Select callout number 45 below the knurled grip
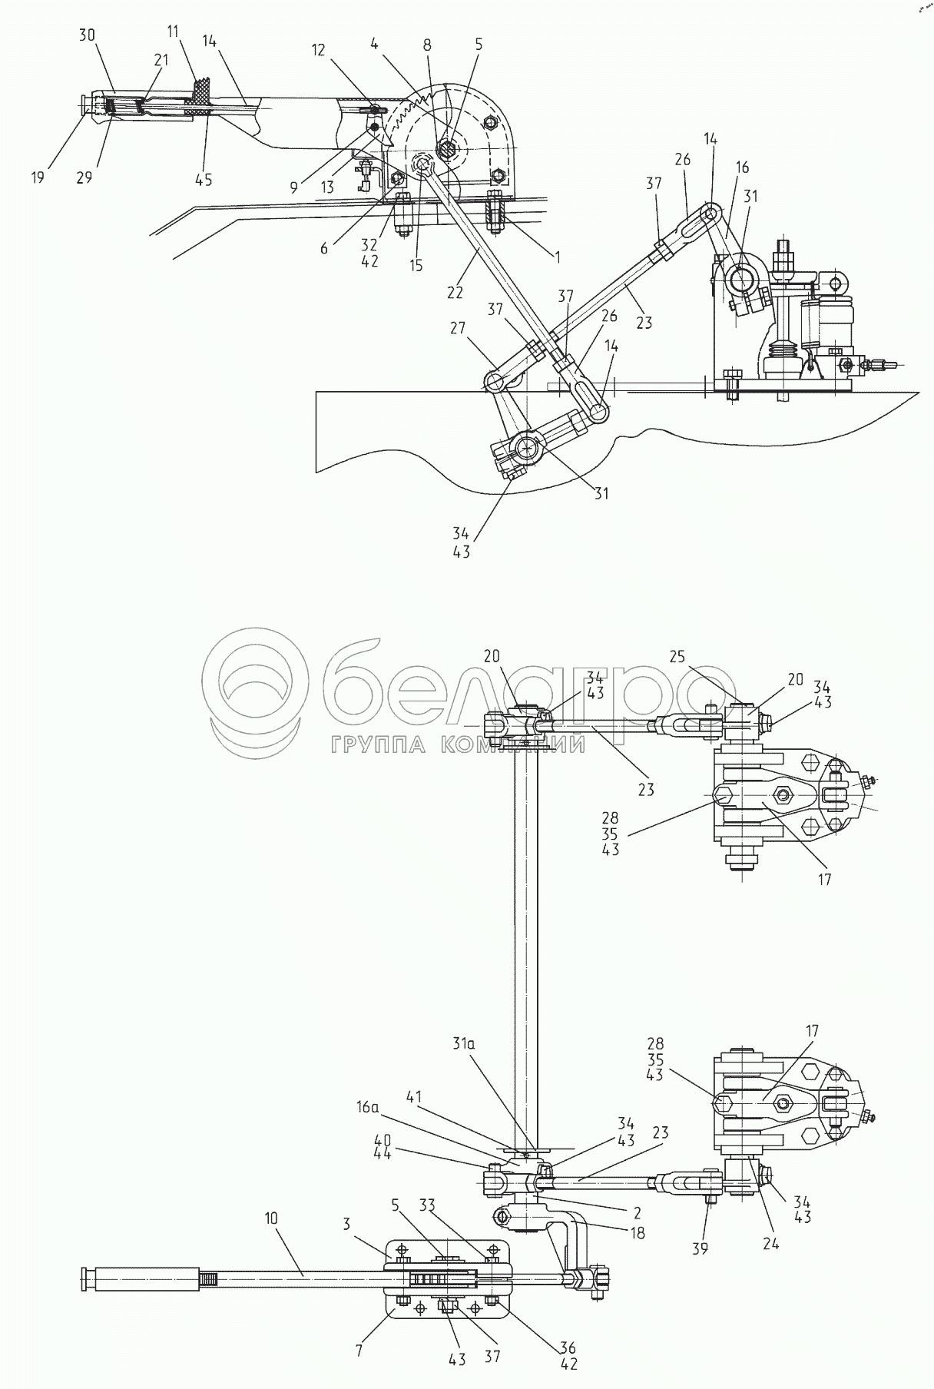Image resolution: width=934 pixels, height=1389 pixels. click(x=204, y=181)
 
